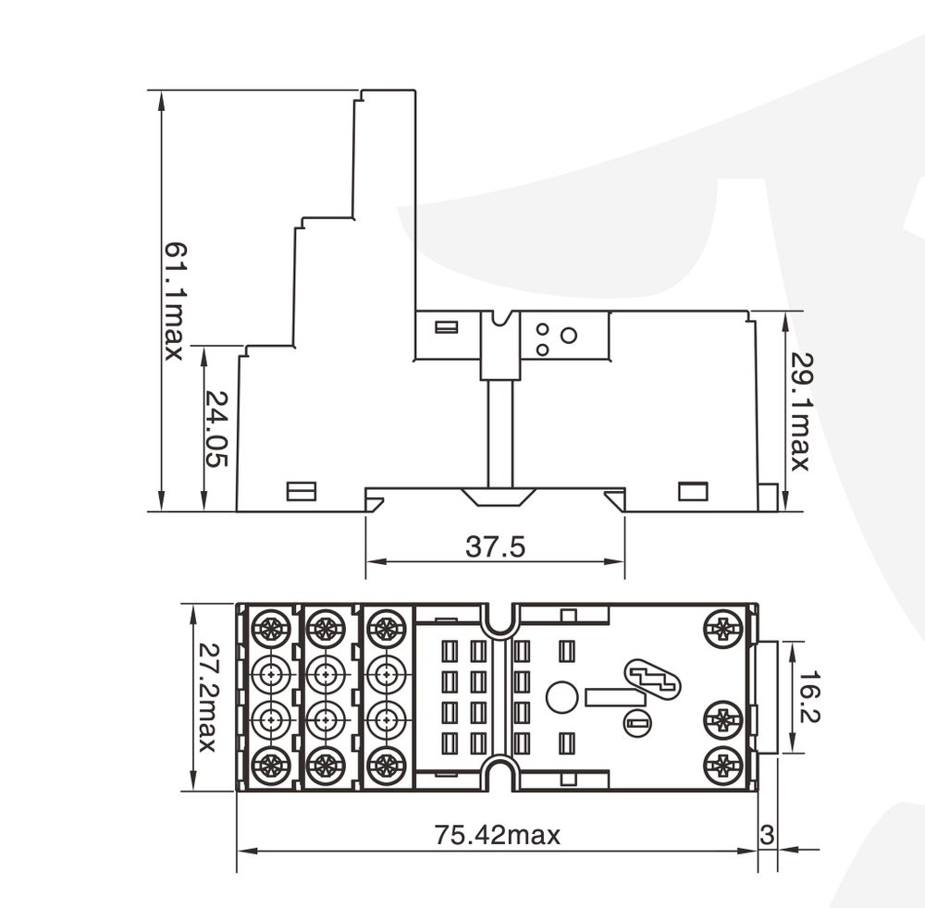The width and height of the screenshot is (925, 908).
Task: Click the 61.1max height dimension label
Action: click(173, 301)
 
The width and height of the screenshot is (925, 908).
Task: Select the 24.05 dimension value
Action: click(216, 428)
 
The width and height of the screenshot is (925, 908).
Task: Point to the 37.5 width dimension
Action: click(495, 547)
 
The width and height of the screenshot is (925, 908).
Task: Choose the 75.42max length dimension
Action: click(498, 836)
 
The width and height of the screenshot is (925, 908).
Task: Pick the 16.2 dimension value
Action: click(811, 698)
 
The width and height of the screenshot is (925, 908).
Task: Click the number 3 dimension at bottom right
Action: click(766, 834)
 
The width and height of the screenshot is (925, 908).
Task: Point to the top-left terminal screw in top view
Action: click(270, 629)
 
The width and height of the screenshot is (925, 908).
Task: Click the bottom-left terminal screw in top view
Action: click(270, 765)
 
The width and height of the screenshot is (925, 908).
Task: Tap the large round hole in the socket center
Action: click(561, 697)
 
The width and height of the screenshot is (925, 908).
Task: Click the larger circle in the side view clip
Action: click(569, 336)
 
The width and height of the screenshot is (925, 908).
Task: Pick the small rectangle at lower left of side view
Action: click(302, 491)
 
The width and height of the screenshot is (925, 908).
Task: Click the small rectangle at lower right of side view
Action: click(693, 491)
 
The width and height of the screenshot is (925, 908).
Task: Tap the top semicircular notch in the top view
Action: click(499, 620)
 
